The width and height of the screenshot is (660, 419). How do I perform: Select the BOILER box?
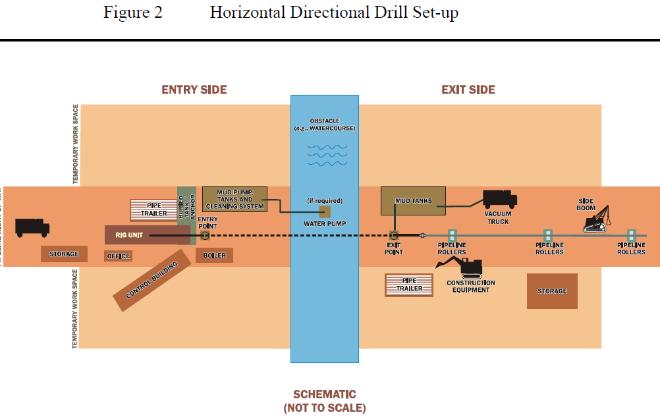[214, 255]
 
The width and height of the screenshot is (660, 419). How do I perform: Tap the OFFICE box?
[119, 256]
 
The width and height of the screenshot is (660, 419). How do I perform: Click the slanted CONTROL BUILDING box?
[152, 281]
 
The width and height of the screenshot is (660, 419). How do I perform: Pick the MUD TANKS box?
[413, 201]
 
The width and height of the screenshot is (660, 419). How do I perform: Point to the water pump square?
[325, 211]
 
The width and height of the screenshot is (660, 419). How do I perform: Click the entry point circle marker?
[206, 235]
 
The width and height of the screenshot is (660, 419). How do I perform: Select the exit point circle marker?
[394, 235]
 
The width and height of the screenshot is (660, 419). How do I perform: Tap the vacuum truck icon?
[499, 200]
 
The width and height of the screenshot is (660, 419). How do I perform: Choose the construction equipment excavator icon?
[460, 267]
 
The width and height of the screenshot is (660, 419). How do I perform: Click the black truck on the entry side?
[32, 227]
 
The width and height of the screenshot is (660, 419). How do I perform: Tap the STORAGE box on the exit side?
[552, 291]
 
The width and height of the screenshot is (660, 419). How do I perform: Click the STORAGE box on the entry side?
[64, 254]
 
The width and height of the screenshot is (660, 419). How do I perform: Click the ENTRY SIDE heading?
[194, 90]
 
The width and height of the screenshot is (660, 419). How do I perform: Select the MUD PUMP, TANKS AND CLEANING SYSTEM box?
[234, 199]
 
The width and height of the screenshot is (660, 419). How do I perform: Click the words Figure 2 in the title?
[132, 13]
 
